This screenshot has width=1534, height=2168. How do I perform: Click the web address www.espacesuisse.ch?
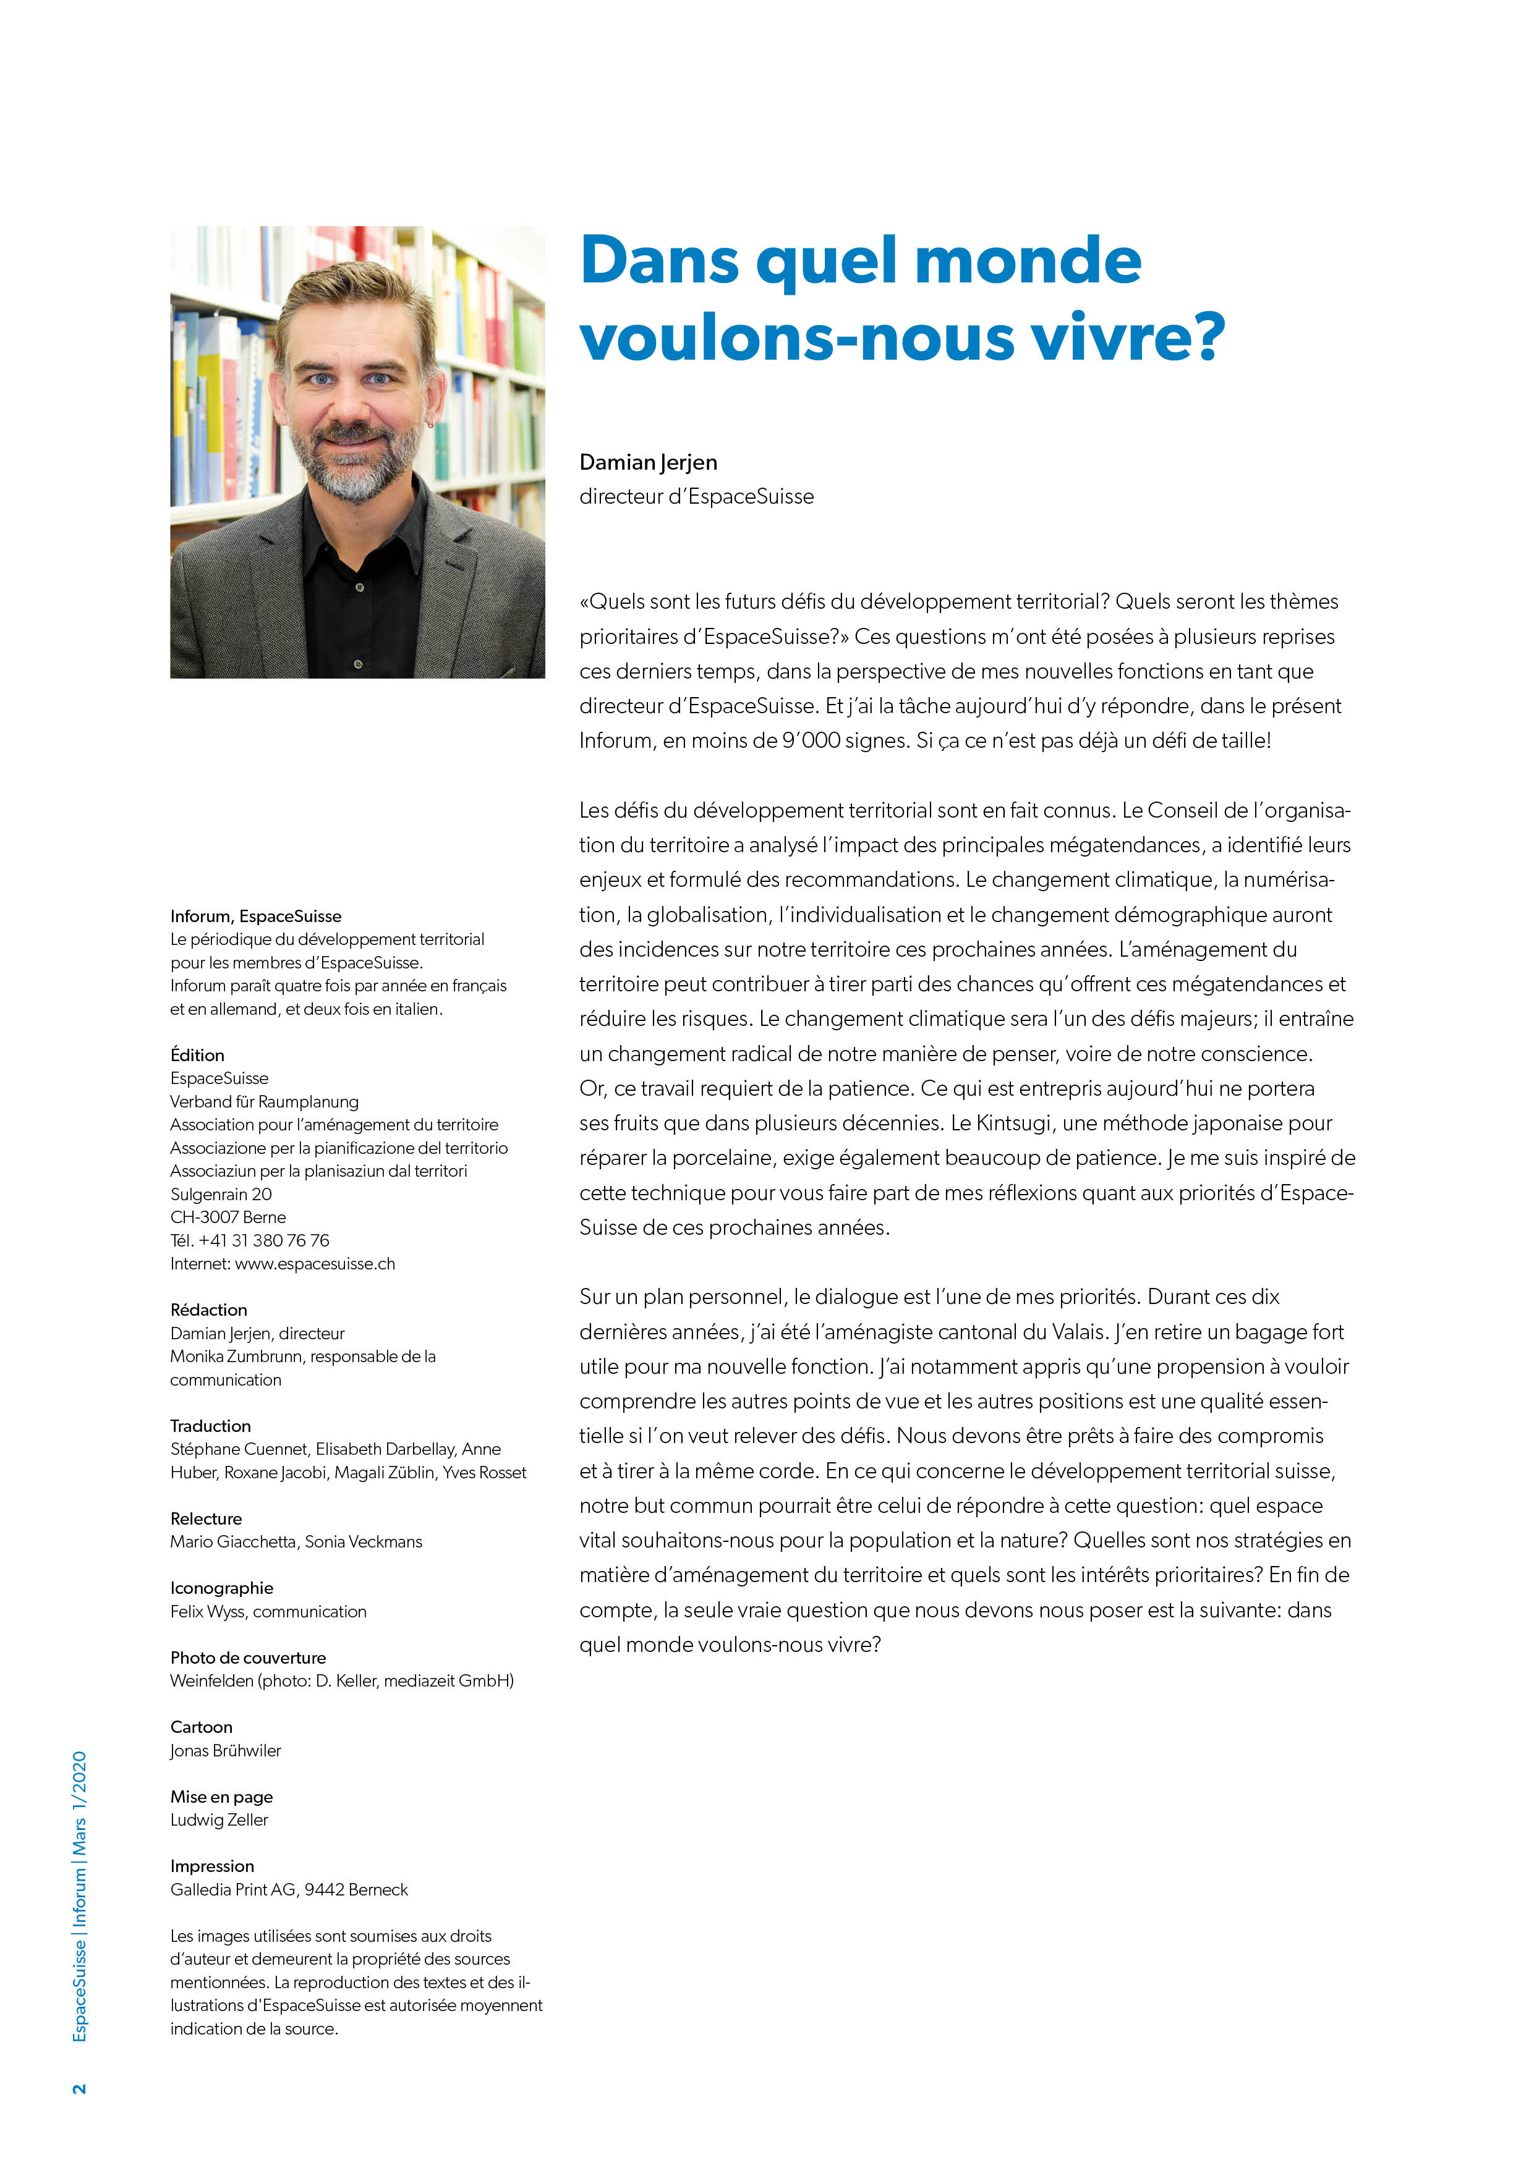coord(315,1263)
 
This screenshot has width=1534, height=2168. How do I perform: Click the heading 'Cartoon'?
coord(201,1727)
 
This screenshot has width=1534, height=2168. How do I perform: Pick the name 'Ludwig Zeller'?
coord(219,1819)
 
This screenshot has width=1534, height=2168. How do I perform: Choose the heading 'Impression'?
coord(213,1866)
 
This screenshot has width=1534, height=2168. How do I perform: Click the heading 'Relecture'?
coord(206,1518)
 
